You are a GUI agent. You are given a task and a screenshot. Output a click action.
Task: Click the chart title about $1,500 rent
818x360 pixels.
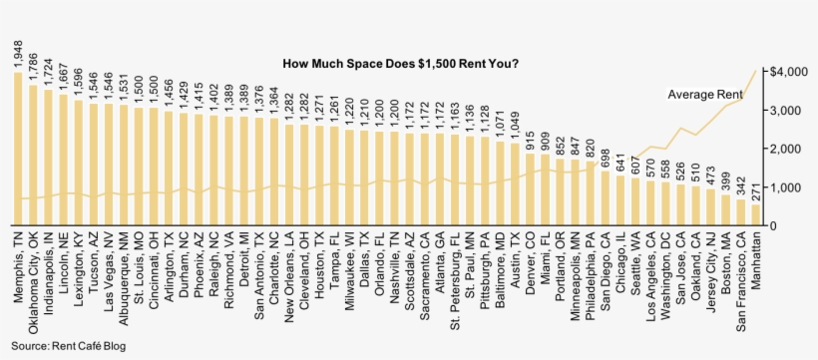click(x=401, y=64)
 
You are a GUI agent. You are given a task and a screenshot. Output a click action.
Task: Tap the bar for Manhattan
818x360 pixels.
click(x=755, y=215)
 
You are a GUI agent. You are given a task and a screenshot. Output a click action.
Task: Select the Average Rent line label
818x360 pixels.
click(x=704, y=95)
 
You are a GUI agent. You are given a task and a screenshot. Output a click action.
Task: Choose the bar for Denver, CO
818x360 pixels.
click(x=530, y=189)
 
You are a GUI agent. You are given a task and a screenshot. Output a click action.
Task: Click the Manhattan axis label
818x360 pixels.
click(x=755, y=260)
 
